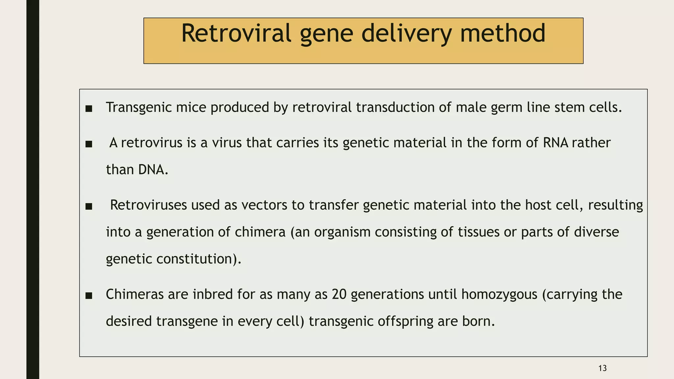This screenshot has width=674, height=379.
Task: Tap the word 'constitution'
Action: click(194, 259)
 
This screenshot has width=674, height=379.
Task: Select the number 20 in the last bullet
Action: click(339, 294)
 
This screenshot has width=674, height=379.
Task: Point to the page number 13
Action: click(602, 368)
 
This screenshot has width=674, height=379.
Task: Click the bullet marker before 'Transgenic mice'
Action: click(89, 109)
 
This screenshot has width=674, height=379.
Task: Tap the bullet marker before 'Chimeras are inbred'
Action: click(89, 295)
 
